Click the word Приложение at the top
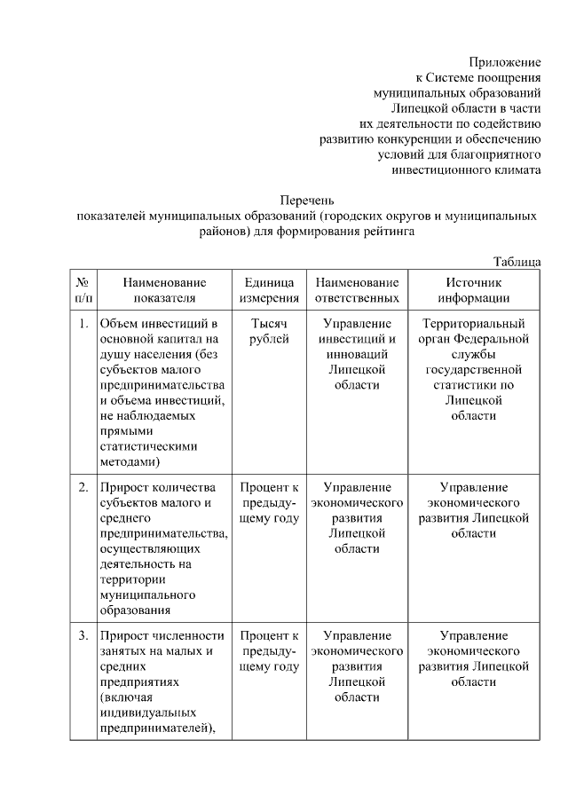504,62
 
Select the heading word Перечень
307,201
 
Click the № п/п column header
82,289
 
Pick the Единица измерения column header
268,289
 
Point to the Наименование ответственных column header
357,289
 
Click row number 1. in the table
83,324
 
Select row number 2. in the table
83,487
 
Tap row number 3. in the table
83,635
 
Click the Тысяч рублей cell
268,332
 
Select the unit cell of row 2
268,502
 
